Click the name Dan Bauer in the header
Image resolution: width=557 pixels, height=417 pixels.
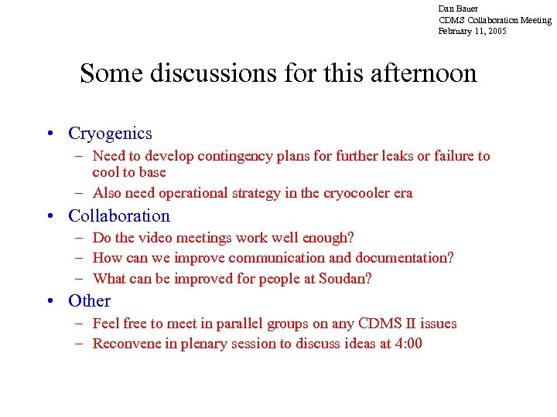coord(458,8)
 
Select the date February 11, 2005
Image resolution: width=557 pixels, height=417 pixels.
coord(472,32)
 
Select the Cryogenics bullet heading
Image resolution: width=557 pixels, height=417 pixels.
coord(110,134)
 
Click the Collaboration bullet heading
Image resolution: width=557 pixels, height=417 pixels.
coord(119,216)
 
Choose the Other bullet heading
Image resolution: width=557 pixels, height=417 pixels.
coord(89,301)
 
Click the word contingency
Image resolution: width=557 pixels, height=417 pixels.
coord(233,157)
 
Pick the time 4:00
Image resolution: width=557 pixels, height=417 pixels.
coord(408,344)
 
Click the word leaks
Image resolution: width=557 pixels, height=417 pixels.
coord(391,157)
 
